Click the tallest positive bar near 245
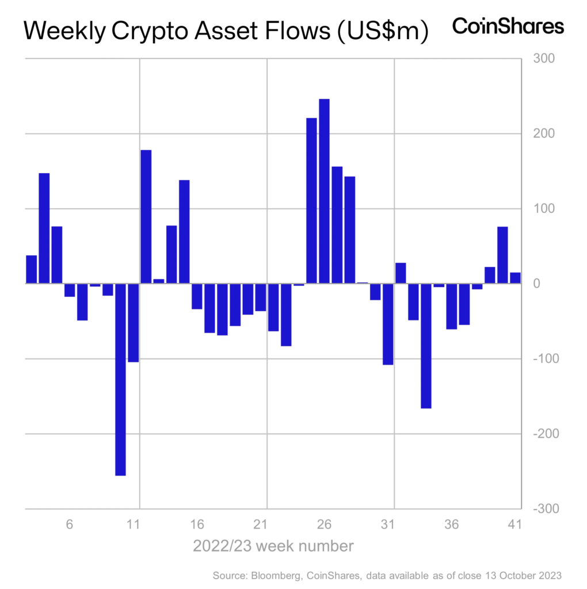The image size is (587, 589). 324,191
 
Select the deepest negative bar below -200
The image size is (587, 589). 121,379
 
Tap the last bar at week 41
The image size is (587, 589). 515,278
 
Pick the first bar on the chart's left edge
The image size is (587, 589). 31,269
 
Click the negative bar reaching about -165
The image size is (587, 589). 426,346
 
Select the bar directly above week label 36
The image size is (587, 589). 451,306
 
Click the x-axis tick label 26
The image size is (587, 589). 324,525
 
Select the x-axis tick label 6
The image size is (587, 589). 70,525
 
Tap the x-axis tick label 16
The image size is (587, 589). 197,525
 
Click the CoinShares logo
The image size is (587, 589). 508,26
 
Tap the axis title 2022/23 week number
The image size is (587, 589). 273,545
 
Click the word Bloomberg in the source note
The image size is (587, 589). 272,575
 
